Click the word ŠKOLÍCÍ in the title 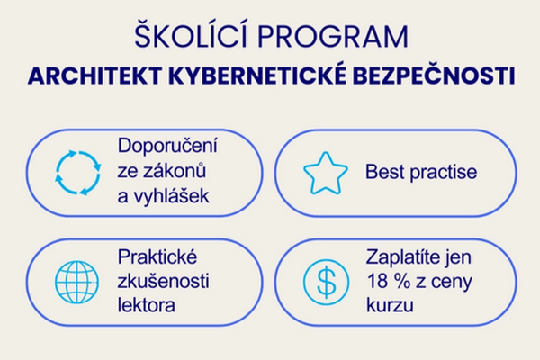(x=191, y=34)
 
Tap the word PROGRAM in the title (x=333, y=36)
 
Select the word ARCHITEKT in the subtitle (x=94, y=76)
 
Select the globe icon (x=76, y=282)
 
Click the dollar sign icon (x=326, y=282)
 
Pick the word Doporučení (x=167, y=147)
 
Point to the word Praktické (x=157, y=256)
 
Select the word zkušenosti (x=163, y=281)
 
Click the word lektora (x=147, y=305)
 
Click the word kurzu (x=390, y=305)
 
